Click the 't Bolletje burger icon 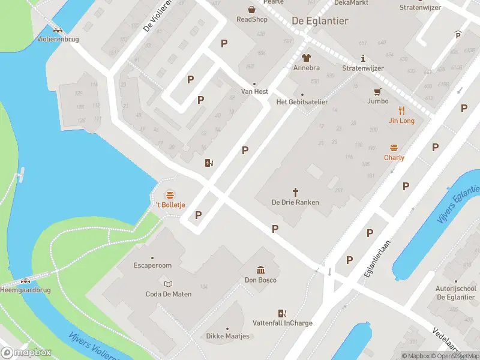click(x=170, y=195)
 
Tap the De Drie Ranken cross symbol click(x=295, y=191)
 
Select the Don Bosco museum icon click(x=260, y=270)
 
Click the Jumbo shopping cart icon click(x=377, y=92)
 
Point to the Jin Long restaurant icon click(x=402, y=110)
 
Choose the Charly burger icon click(x=394, y=148)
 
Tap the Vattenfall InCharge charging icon click(x=282, y=313)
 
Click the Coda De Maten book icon click(x=169, y=284)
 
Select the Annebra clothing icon click(x=306, y=58)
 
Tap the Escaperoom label click(x=152, y=265)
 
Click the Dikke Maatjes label click(x=227, y=336)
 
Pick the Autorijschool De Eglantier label click(x=456, y=293)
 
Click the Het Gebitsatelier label click(x=302, y=102)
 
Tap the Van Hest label click(x=254, y=92)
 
